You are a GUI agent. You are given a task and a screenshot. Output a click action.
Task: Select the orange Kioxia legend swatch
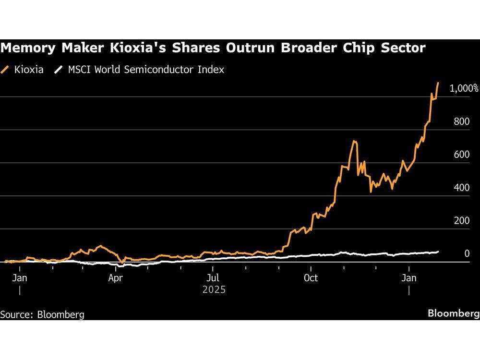6,70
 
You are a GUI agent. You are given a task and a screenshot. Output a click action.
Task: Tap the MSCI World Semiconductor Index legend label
145,70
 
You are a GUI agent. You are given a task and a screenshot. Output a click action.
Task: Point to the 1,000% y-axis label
464,88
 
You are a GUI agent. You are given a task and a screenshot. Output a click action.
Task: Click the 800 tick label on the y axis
462,121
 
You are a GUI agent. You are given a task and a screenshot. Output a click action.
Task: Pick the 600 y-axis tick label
462,155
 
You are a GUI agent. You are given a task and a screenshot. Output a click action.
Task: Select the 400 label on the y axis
462,188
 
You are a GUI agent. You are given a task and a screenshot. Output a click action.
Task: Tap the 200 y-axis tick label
462,221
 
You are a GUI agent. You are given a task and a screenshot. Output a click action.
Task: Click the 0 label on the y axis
467,253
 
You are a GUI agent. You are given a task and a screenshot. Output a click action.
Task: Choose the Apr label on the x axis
115,278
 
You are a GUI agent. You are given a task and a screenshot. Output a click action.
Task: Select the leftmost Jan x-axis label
19,278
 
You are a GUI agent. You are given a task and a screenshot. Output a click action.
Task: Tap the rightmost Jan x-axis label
409,278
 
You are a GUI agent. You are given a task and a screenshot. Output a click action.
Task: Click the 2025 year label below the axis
214,290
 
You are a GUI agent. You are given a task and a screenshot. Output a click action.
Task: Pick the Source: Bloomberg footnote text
42,315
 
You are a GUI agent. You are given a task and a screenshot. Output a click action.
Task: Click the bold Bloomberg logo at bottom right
453,313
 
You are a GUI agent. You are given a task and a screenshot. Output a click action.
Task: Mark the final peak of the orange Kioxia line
438,83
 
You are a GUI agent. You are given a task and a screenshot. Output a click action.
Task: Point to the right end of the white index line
438,252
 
